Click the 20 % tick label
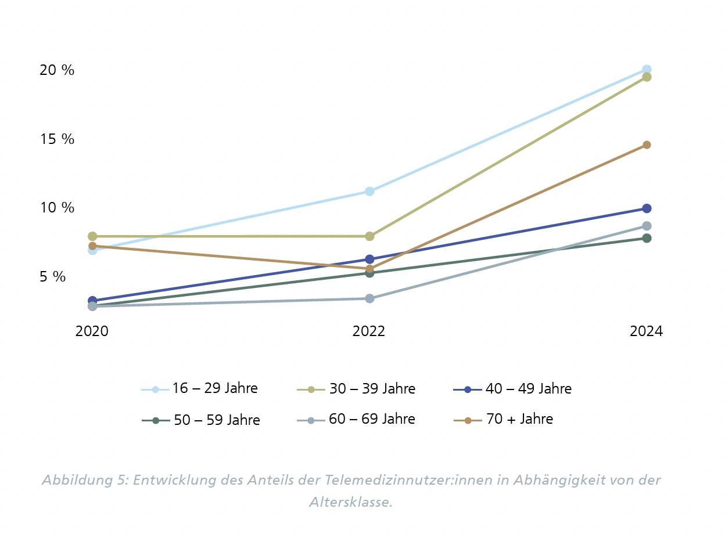point(57,70)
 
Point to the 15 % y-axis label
point(57,139)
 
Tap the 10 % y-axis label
point(57,208)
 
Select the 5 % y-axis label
point(53,277)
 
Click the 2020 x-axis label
point(92,331)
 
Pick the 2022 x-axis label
point(369,331)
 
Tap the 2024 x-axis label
point(646,331)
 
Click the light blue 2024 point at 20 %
point(647,70)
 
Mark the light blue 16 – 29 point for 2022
point(369,191)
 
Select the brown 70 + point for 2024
point(647,145)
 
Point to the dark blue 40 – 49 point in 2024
point(647,208)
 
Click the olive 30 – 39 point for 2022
point(369,236)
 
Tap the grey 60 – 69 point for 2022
point(369,298)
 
